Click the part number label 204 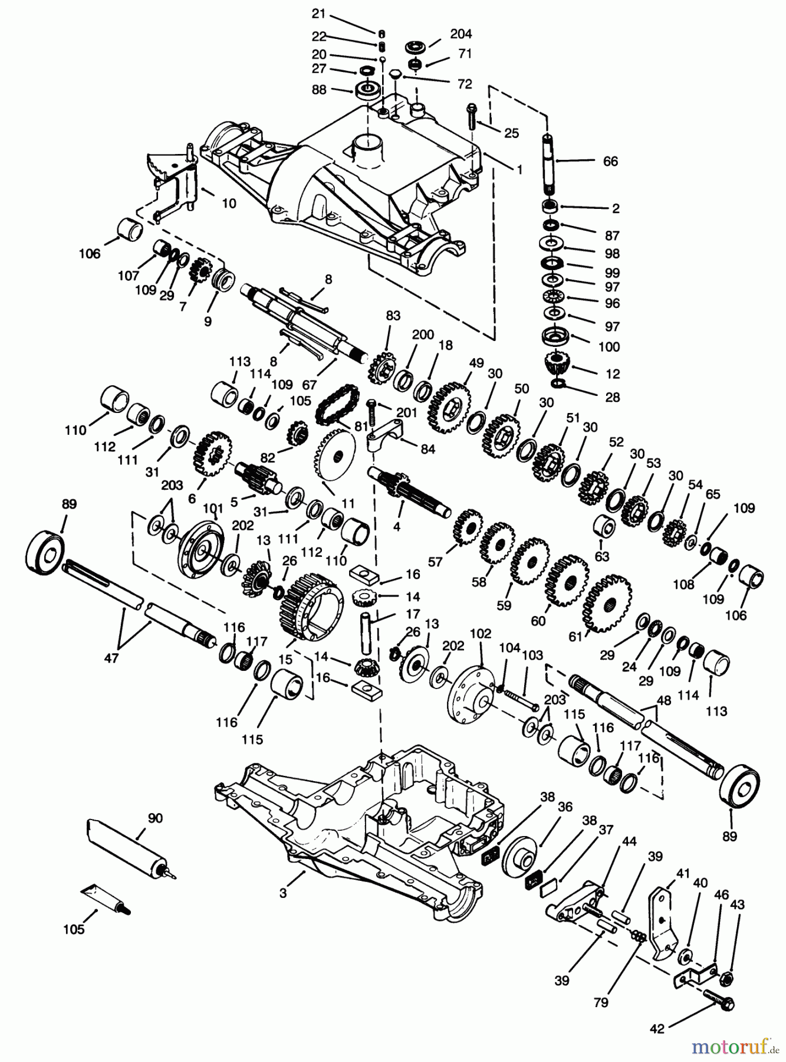[461, 34]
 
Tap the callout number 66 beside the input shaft [610, 161]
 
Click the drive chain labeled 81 [334, 404]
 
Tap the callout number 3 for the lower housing [283, 893]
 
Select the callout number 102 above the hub [481, 634]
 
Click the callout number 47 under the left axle [111, 658]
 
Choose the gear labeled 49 [452, 404]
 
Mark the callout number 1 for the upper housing [519, 169]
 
